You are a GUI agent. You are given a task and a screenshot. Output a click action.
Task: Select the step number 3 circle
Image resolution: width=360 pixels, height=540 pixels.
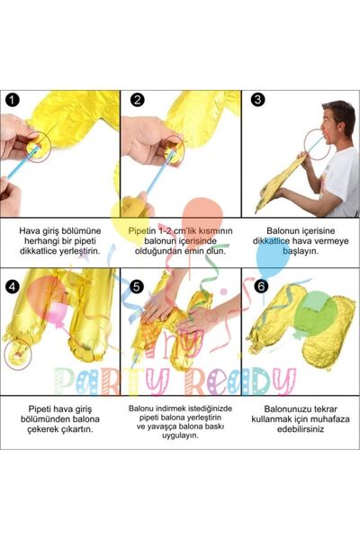256,101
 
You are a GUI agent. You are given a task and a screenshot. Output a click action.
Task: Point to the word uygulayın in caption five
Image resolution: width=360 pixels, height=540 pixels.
177,434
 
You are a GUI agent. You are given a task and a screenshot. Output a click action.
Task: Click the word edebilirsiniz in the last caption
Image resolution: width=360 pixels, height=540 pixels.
301,434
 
